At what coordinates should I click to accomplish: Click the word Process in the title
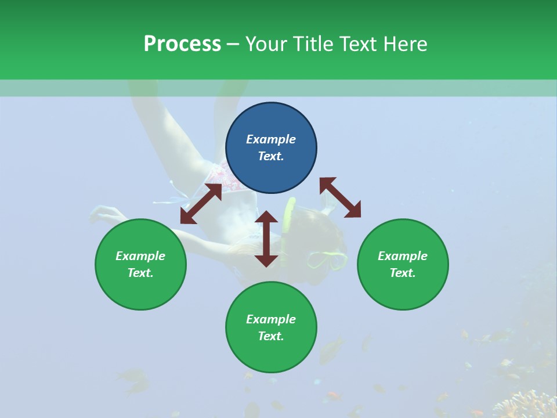point(182,44)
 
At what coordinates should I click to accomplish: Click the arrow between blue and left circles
point(201,204)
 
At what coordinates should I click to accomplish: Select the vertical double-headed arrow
point(266,239)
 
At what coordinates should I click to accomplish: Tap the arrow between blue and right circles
point(340,197)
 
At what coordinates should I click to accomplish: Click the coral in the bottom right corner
point(528,403)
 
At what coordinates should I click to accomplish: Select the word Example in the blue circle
point(271,139)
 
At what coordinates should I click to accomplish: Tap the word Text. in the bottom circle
point(271,336)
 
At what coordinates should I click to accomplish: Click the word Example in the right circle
point(403,256)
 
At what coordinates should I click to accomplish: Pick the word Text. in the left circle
point(140,273)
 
